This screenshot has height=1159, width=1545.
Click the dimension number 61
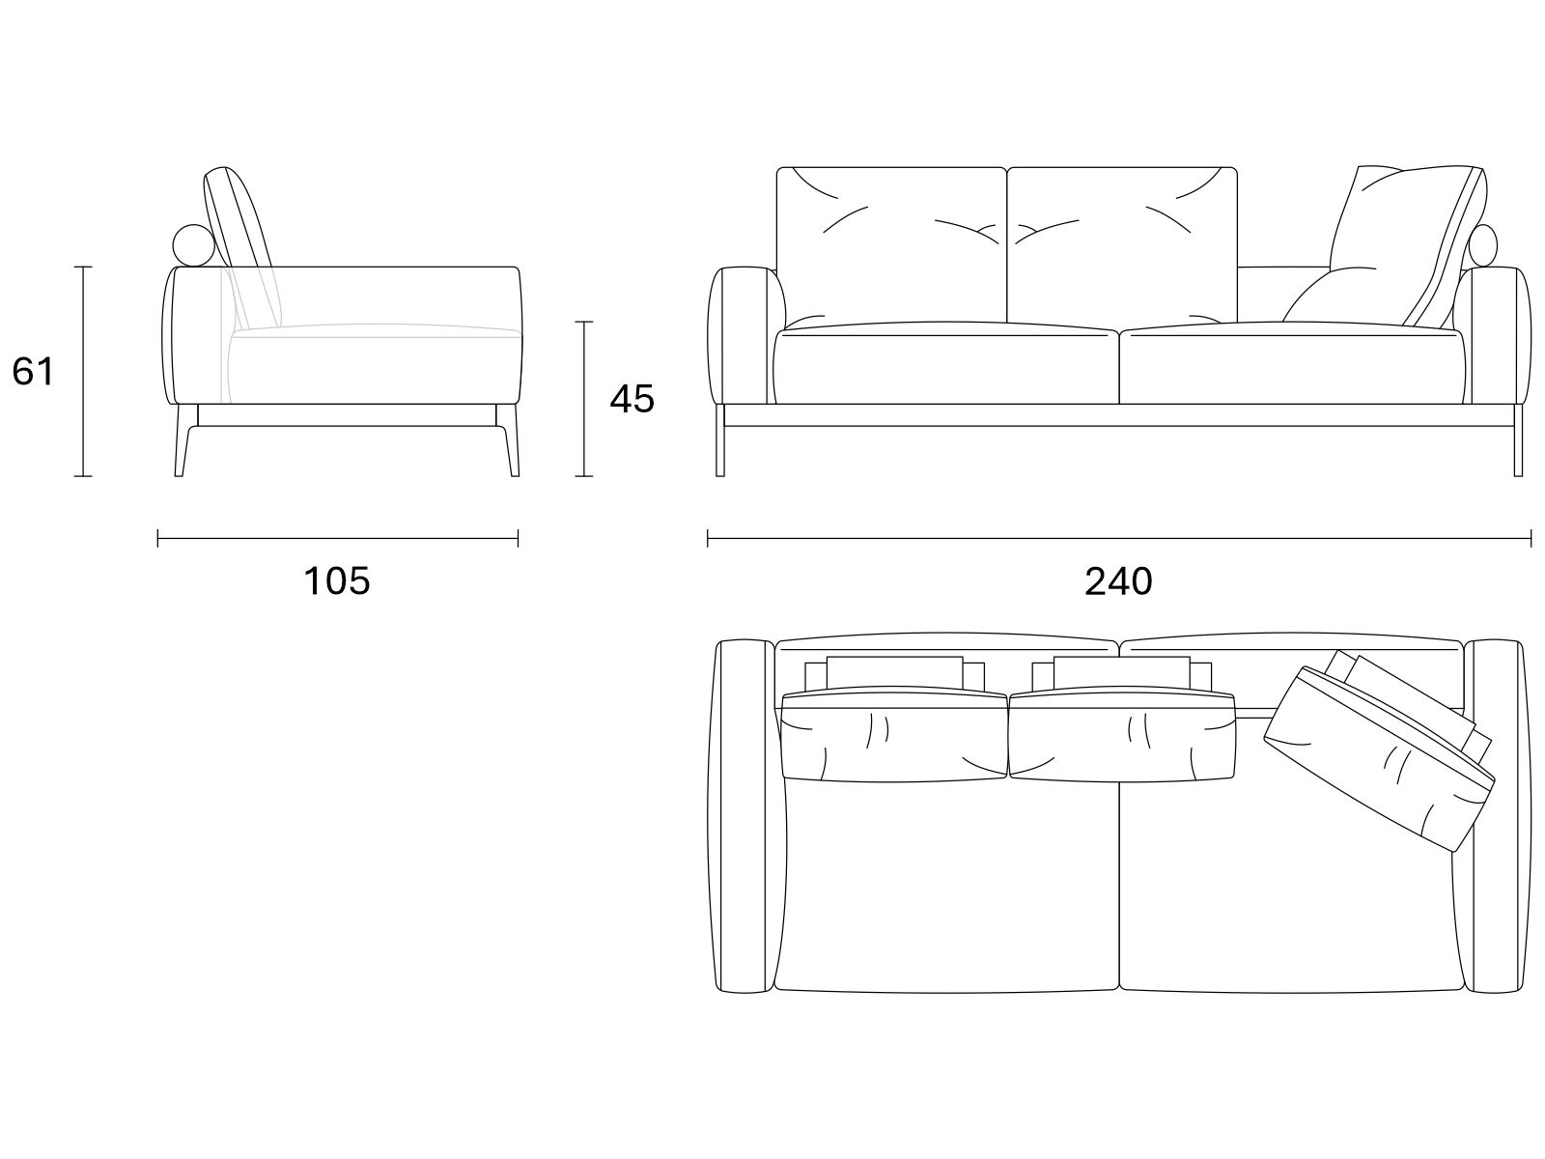tap(33, 372)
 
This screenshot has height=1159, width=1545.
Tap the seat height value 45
tap(632, 399)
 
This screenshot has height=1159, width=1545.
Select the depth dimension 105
tap(336, 581)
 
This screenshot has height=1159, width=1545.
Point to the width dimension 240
tap(1118, 581)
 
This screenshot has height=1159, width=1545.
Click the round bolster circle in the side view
tap(193, 245)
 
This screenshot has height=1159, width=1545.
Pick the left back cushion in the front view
tap(892, 246)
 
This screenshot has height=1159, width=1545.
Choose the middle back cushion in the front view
tap(1122, 245)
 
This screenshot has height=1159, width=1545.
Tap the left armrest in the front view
tap(746, 336)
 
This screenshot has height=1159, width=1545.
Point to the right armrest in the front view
tap(1492, 336)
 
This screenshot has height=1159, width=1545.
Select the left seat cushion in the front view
tap(945, 364)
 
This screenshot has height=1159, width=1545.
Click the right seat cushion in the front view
tap(1292, 364)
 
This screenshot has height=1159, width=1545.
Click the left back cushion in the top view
tap(894, 735)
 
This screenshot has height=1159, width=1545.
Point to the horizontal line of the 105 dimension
tap(338, 539)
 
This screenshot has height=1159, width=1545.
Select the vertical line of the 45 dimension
tap(583, 399)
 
